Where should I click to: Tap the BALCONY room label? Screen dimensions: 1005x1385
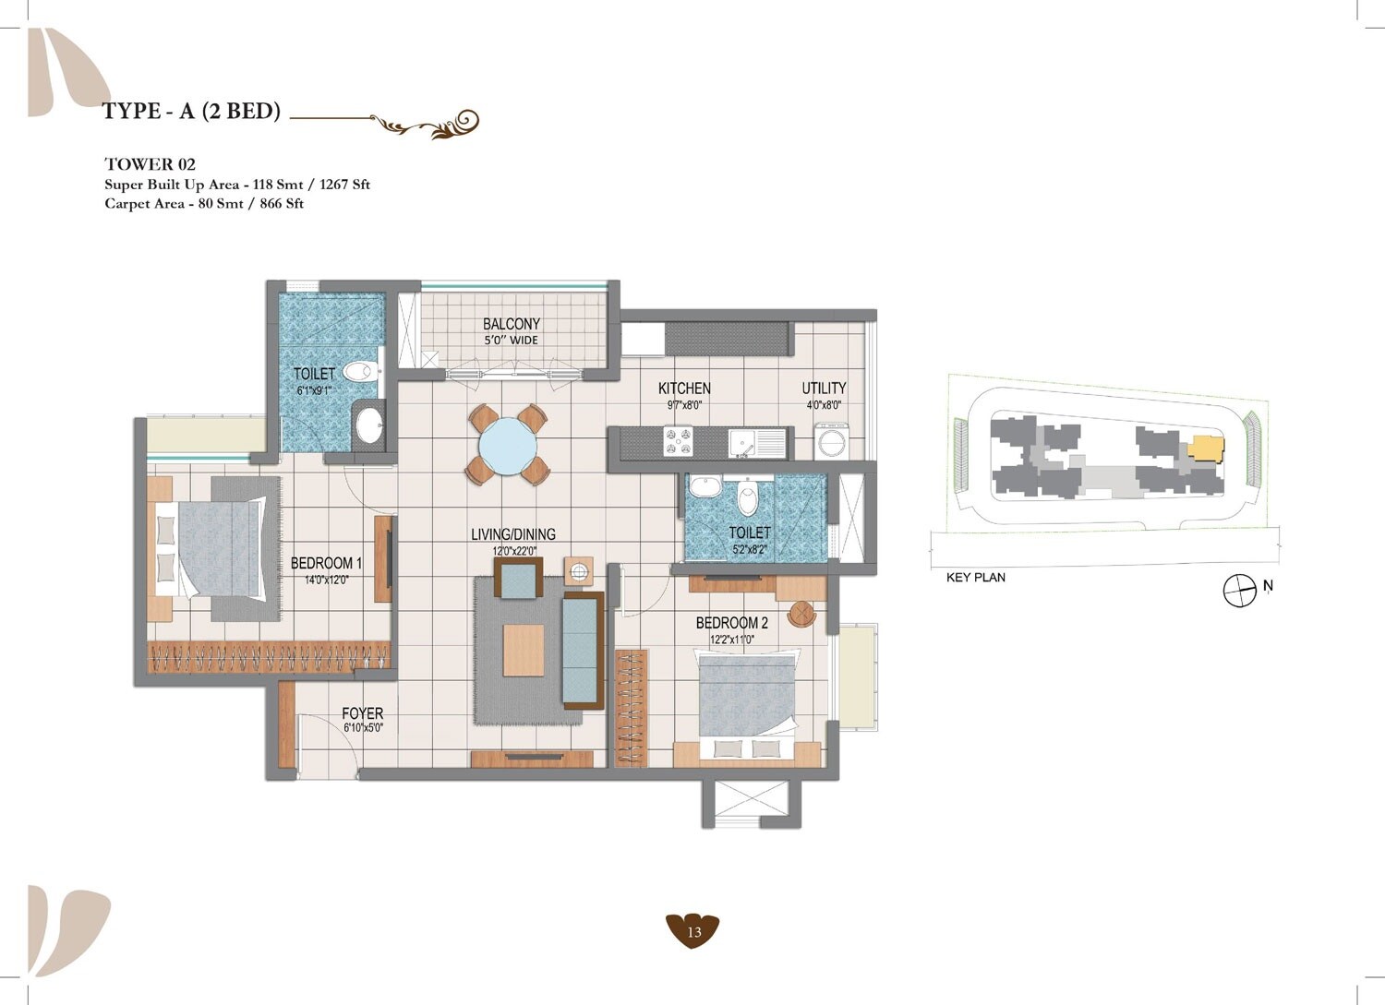pyautogui.click(x=511, y=324)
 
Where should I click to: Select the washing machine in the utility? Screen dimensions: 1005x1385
pyautogui.click(x=833, y=440)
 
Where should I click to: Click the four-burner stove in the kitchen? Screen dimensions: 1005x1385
pyautogui.click(x=679, y=441)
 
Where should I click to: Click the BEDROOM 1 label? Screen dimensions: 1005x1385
pyautogui.click(x=326, y=563)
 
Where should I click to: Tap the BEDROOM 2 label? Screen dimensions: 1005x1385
pyautogui.click(x=731, y=623)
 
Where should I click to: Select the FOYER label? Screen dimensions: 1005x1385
pyautogui.click(x=362, y=713)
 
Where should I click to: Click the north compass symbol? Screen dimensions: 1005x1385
pyautogui.click(x=1239, y=591)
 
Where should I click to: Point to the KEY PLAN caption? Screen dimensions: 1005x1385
pyautogui.click(x=976, y=578)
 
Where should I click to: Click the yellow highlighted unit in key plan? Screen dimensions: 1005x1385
pyautogui.click(x=1204, y=449)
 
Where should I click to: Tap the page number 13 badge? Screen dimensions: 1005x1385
pyautogui.click(x=692, y=931)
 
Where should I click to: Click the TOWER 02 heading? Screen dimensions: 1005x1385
pyautogui.click(x=150, y=164)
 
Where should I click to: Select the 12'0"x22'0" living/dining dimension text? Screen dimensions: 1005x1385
pyautogui.click(x=514, y=551)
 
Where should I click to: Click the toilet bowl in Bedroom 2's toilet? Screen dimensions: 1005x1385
pyautogui.click(x=748, y=499)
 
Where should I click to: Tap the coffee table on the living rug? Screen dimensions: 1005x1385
pyautogui.click(x=524, y=650)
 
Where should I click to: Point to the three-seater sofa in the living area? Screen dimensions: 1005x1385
pyautogui.click(x=582, y=650)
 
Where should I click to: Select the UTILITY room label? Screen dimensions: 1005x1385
pyautogui.click(x=824, y=389)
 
